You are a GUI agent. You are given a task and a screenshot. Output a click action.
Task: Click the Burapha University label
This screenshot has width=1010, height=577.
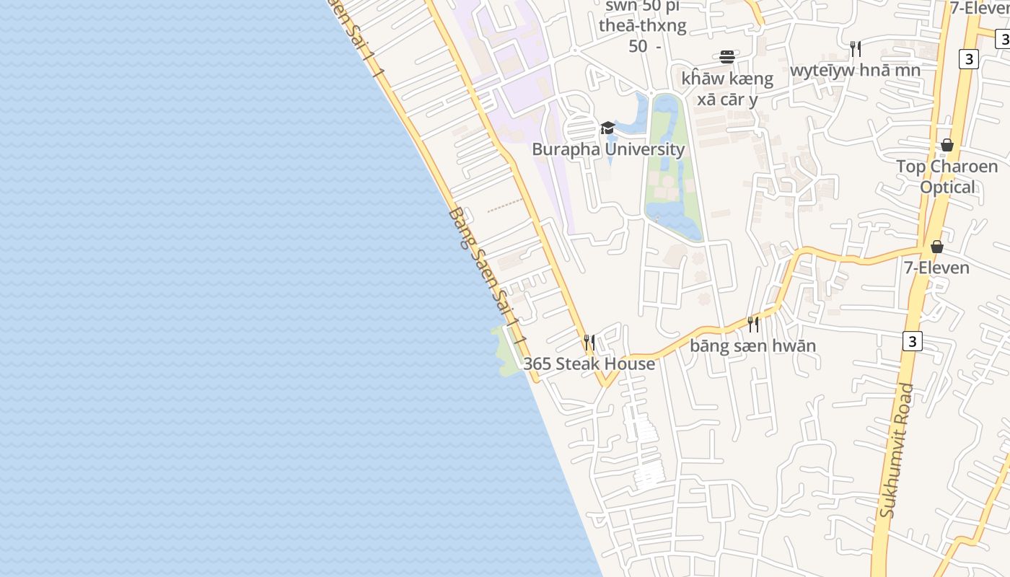click(608, 149)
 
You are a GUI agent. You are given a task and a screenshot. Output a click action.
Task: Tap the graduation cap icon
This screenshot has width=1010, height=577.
click(607, 128)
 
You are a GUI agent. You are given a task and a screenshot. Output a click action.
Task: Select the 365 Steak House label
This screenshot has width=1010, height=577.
click(589, 364)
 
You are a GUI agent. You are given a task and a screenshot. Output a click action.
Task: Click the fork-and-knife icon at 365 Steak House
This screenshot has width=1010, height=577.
click(589, 341)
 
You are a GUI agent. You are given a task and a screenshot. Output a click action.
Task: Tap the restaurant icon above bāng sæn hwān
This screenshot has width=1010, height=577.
click(753, 324)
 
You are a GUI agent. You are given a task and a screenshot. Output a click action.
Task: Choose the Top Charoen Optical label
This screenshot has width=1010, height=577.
click(947, 177)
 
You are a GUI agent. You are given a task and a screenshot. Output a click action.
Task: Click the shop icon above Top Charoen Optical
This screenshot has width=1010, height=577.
click(947, 146)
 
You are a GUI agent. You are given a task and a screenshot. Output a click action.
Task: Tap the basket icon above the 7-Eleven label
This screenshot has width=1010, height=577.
click(936, 247)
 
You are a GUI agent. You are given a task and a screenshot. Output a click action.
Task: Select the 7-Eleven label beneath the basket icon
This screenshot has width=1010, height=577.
click(936, 268)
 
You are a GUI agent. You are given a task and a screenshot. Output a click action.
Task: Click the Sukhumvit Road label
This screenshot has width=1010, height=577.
click(897, 451)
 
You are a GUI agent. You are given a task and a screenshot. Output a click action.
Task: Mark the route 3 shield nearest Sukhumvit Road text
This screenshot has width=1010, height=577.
click(912, 341)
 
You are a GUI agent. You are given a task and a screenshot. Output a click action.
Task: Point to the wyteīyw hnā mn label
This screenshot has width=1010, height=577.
click(855, 71)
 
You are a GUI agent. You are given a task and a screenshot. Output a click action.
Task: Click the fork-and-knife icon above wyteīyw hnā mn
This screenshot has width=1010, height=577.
click(856, 48)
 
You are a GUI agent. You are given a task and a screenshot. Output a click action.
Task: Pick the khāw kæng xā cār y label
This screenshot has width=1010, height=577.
click(727, 89)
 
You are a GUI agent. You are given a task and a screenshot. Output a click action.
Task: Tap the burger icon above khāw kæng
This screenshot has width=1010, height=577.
click(727, 57)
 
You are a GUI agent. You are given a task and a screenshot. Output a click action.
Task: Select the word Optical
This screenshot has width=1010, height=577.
click(947, 188)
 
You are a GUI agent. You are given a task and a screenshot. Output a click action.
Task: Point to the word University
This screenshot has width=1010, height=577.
click(645, 149)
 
